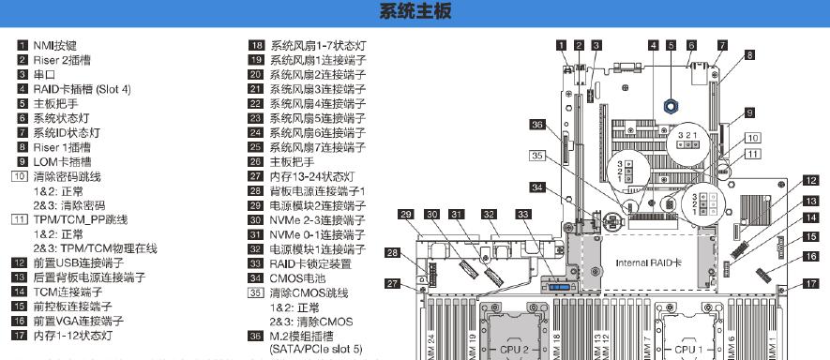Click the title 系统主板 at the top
click(415, 12)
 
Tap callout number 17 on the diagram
click(809, 284)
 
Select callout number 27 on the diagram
click(393, 283)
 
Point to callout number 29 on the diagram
click(406, 215)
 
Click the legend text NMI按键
click(55, 45)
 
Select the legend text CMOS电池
click(297, 277)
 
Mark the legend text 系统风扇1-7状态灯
click(318, 45)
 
